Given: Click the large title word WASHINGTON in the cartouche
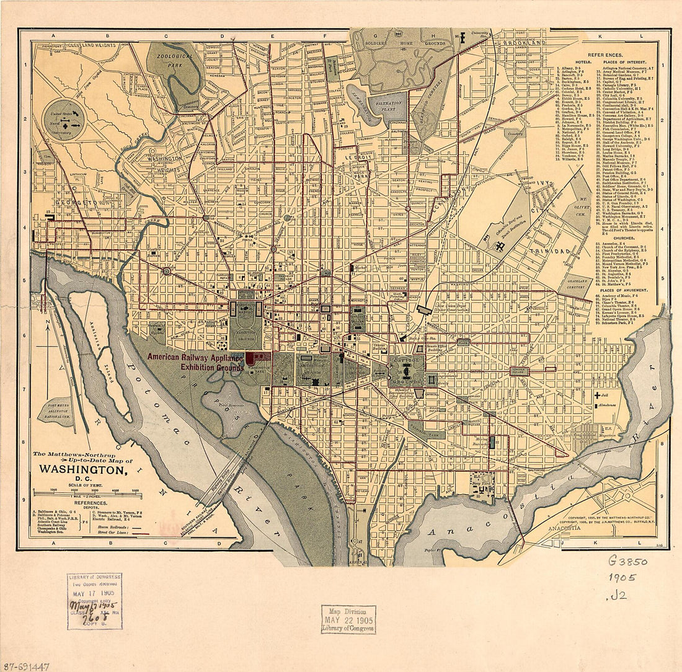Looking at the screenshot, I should click(83, 470).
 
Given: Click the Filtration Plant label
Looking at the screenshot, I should click(388, 106).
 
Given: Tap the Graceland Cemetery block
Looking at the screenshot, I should click(577, 284).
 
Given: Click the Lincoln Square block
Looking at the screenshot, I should click(519, 371).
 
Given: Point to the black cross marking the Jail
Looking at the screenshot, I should click(597, 394).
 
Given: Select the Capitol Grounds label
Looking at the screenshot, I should click(407, 365).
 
